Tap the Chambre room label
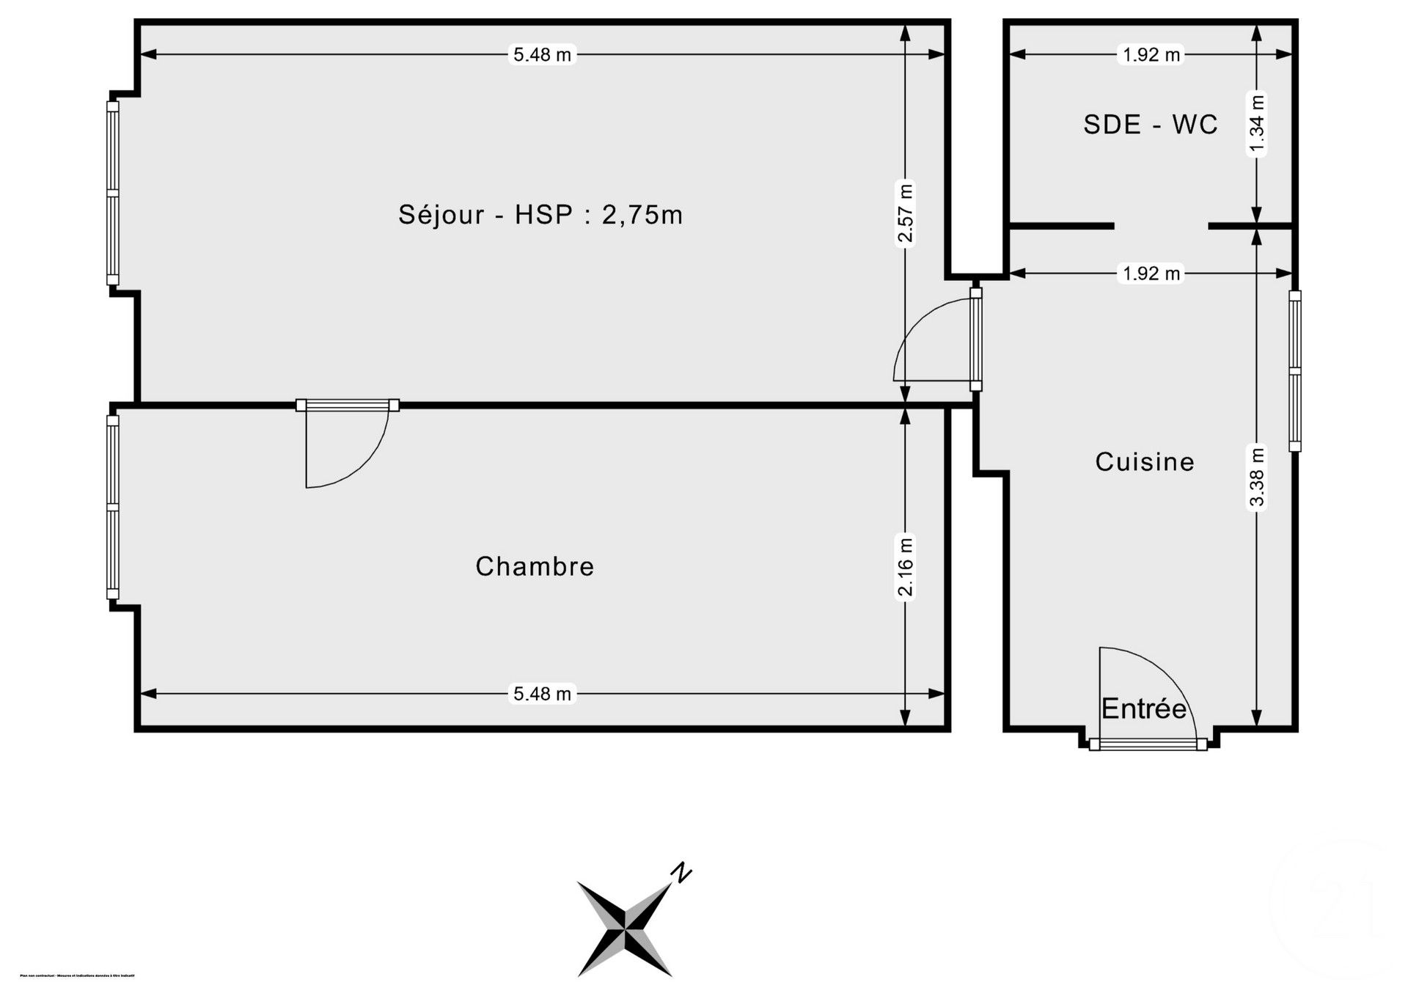click(535, 566)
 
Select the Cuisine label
click(1145, 461)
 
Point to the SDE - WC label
click(1151, 125)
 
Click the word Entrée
click(1143, 708)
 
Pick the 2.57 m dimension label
click(906, 213)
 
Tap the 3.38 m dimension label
click(1257, 477)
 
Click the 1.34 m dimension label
click(1257, 125)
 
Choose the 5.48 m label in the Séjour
click(542, 54)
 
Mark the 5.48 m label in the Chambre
click(542, 694)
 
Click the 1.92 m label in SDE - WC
click(1151, 54)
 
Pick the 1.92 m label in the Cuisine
click(1151, 274)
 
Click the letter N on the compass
click(682, 873)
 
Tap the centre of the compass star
click(625, 929)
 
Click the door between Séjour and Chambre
click(348, 406)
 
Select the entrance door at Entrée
click(1148, 744)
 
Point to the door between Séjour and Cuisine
click(976, 339)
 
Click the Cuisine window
click(1295, 371)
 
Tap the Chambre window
click(113, 508)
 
